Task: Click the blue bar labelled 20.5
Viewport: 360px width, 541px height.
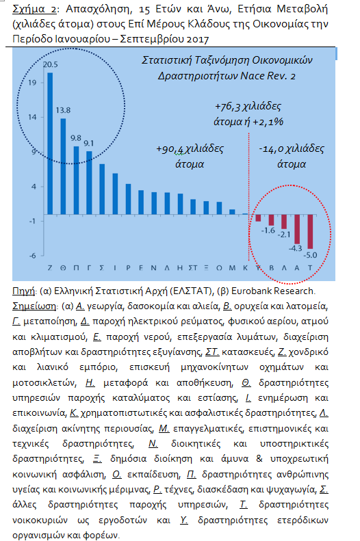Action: (x=50, y=144)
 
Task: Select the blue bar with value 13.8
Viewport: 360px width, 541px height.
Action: (x=63, y=167)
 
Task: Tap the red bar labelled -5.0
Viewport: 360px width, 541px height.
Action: (x=310, y=231)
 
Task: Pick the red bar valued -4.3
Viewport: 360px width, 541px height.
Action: (x=297, y=229)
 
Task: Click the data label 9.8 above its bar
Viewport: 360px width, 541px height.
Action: (x=76, y=138)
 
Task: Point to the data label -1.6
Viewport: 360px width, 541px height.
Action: (x=268, y=230)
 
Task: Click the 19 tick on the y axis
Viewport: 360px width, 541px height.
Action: (x=32, y=83)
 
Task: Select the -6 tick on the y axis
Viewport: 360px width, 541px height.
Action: (x=32, y=256)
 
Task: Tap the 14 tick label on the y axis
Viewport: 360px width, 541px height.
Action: (x=32, y=118)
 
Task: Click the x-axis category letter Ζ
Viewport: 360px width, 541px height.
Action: (x=50, y=267)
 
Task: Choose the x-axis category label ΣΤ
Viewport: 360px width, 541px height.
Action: (x=193, y=267)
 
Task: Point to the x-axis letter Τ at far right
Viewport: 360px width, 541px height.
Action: (x=310, y=267)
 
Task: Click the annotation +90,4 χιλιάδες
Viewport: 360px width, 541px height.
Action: (x=190, y=148)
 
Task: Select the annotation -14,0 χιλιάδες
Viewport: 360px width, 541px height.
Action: (x=292, y=148)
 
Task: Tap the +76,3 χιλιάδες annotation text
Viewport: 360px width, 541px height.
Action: (x=248, y=106)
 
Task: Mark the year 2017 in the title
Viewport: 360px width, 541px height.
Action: (x=197, y=39)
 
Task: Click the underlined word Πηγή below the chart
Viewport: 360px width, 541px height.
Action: (x=23, y=291)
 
